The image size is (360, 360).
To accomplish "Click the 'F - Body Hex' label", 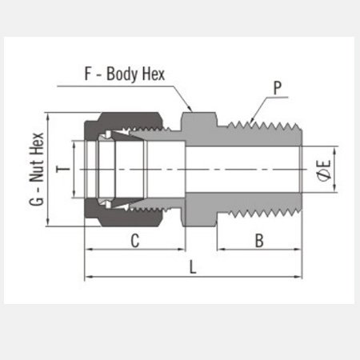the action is [x=125, y=74].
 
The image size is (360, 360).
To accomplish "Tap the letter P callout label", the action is [x=278, y=88].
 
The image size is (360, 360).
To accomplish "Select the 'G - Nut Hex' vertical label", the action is [x=37, y=169].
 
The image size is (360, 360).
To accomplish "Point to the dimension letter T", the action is [x=63, y=169].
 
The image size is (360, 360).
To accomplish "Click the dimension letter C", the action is [x=135, y=241].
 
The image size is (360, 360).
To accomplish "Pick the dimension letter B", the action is [x=259, y=241].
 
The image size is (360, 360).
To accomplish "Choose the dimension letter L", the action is [x=193, y=267].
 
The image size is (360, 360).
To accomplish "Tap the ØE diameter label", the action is [x=324, y=170].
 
